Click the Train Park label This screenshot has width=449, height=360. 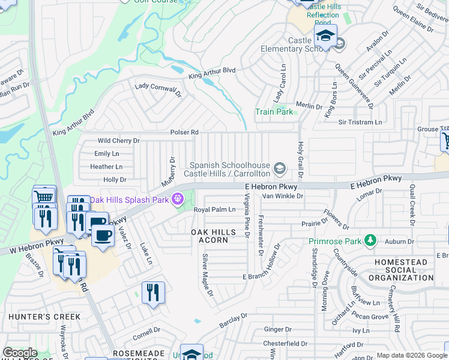[274, 112]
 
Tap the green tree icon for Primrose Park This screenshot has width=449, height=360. [371, 242]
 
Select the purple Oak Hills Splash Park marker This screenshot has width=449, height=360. [178, 199]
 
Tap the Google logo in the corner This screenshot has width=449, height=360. [20, 353]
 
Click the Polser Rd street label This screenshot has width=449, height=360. [184, 132]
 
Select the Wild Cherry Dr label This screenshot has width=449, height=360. [118, 141]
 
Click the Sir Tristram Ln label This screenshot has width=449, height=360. [360, 122]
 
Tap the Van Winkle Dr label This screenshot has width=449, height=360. [279, 196]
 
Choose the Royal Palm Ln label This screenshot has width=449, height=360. [214, 209]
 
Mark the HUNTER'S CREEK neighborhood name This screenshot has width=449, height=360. [36, 316]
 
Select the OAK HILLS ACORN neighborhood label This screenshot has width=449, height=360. [209, 236]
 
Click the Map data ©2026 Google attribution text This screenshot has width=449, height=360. [411, 356]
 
